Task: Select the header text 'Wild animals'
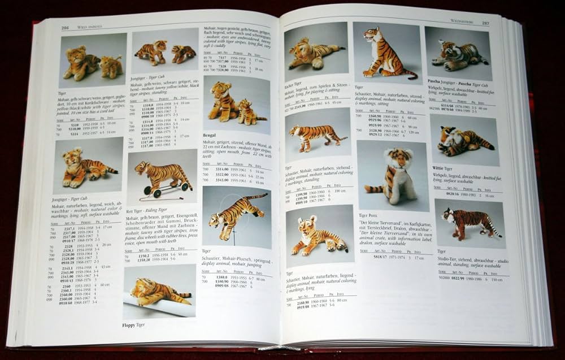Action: (x=86, y=27)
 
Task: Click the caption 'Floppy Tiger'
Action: (x=134, y=325)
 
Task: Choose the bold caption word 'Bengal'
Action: (x=210, y=136)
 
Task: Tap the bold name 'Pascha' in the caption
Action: (x=434, y=81)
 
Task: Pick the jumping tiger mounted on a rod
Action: (x=235, y=211)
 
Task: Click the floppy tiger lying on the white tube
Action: (x=158, y=292)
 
